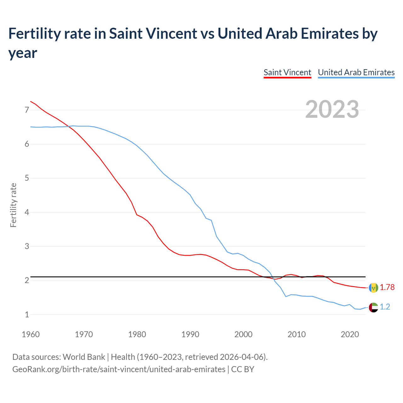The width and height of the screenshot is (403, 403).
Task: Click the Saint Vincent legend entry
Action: tap(287, 72)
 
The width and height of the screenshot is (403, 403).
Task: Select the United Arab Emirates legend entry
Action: tap(356, 72)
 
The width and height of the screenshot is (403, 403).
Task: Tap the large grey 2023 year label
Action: tap(332, 109)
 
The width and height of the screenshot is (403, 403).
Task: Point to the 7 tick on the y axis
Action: tap(27, 110)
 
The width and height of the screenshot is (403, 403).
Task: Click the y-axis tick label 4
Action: tap(27, 212)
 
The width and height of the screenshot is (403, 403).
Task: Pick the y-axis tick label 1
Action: tap(27, 315)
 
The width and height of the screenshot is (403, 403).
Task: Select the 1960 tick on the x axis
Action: tap(31, 334)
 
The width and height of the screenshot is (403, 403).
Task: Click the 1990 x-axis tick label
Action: tap(190, 334)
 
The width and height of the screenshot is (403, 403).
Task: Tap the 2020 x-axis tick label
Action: tap(350, 334)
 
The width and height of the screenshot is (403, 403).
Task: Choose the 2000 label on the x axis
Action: tap(243, 334)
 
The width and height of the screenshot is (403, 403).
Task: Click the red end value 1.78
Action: tap(387, 287)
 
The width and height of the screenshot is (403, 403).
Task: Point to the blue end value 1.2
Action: tap(385, 307)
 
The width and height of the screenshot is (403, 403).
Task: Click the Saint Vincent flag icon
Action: tap(373, 287)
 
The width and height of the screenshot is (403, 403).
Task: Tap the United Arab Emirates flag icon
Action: tap(373, 307)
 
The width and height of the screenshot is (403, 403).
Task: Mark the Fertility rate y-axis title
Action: tap(13, 205)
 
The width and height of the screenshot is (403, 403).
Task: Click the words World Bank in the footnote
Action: tap(84, 357)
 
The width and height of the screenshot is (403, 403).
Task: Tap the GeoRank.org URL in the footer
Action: tap(119, 369)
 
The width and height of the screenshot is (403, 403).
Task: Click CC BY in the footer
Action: tap(242, 369)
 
